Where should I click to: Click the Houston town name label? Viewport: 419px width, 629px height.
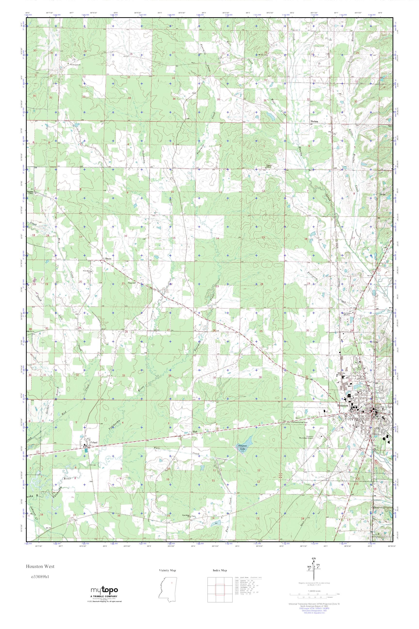pyautogui.click(x=343, y=406)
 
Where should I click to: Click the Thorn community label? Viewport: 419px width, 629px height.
pyautogui.click(x=108, y=259)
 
